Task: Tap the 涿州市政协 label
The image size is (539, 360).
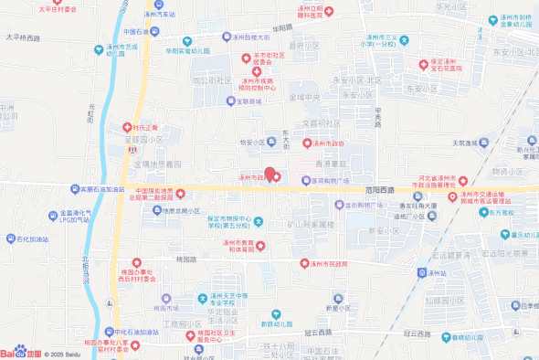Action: point(328,143)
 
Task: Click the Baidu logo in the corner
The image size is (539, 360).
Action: point(18,352)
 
